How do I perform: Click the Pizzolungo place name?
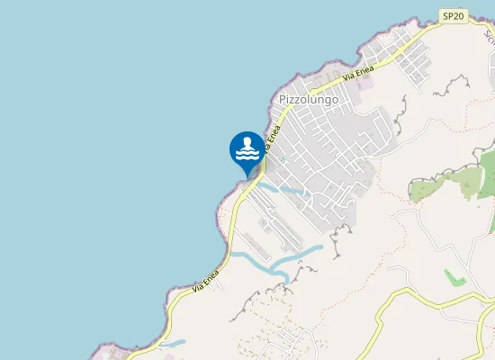tap(309, 100)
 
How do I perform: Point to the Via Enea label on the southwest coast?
tap(206, 283)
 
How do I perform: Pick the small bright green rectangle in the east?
tap(455, 277)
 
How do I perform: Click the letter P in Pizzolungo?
tap(283, 100)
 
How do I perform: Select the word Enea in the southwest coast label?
tap(212, 279)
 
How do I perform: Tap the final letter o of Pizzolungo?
tap(335, 100)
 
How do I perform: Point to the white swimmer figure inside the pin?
tap(247, 148)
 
